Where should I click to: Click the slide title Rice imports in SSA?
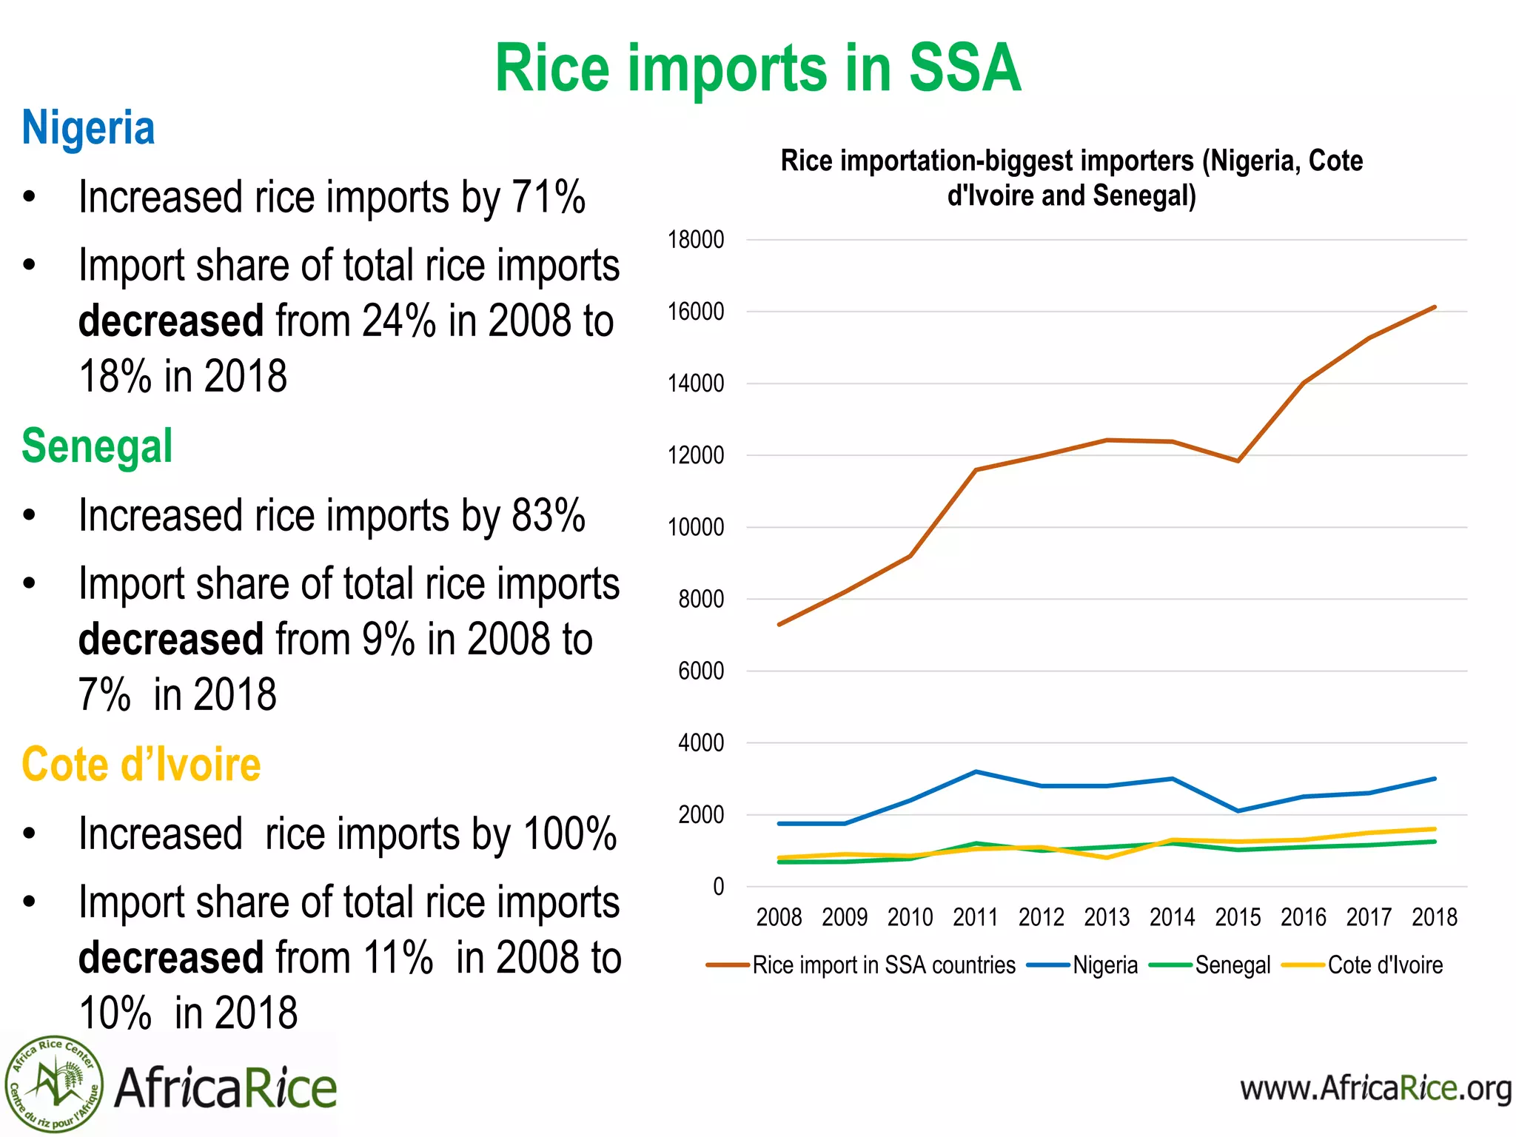pos(757,68)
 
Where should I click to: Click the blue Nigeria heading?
pos(88,128)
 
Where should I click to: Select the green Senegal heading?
pos(97,446)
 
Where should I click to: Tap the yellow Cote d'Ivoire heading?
pos(141,765)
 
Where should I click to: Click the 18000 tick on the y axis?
pos(695,240)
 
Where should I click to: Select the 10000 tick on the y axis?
pos(695,528)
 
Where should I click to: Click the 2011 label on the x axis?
pos(975,918)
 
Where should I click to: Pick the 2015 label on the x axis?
pos(1238,918)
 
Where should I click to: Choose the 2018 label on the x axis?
pos(1434,918)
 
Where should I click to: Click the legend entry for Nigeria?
pos(1104,965)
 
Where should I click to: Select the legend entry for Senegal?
pos(1232,965)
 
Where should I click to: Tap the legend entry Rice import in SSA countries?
pos(883,965)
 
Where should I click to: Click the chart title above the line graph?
pos(1071,178)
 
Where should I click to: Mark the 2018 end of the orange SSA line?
pos(1435,307)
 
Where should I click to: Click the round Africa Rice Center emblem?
pos(53,1085)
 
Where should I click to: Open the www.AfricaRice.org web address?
pos(1375,1088)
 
